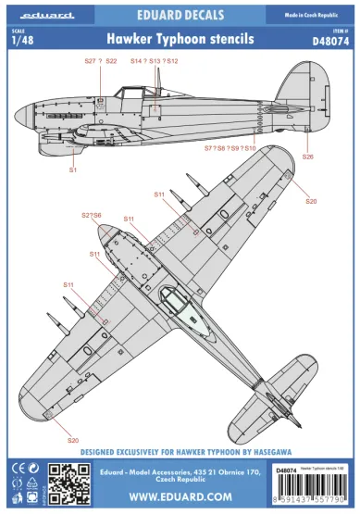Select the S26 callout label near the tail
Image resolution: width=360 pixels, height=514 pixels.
(x=308, y=157)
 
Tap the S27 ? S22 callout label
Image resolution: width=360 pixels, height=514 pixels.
(x=100, y=61)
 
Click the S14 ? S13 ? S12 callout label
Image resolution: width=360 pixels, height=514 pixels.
(x=154, y=61)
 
